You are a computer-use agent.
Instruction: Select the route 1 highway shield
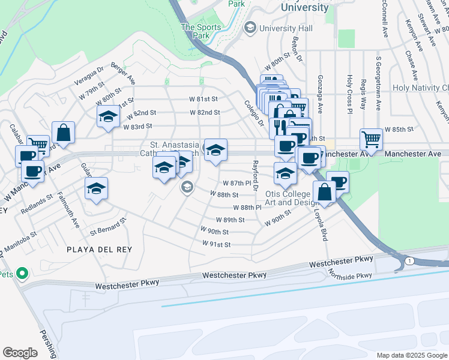click(409, 260)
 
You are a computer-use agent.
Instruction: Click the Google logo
click(20, 352)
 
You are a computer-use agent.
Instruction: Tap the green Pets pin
click(23, 274)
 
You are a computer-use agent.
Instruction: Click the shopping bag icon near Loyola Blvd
click(324, 192)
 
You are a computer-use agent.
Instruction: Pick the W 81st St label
click(203, 98)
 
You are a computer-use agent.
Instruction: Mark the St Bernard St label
click(109, 226)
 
